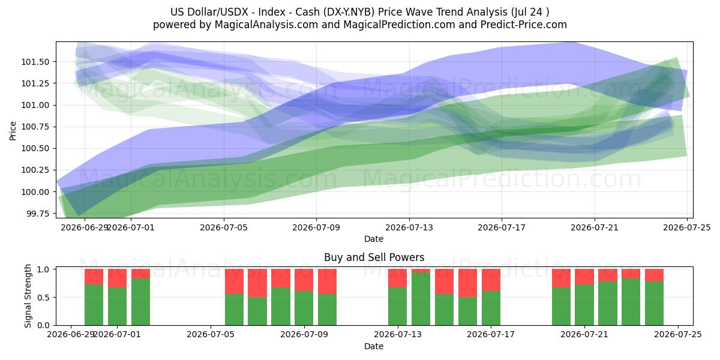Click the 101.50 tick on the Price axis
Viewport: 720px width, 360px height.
[35, 62]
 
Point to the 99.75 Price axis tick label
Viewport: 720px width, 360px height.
[37, 214]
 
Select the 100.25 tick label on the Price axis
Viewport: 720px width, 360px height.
[35, 170]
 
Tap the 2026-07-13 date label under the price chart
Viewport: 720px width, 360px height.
[409, 227]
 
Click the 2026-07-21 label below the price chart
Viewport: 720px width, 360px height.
[595, 227]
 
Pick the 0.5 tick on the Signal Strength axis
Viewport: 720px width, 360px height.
[43, 298]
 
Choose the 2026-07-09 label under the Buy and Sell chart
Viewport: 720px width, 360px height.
[304, 335]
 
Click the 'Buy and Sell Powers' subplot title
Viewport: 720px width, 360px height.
[374, 257]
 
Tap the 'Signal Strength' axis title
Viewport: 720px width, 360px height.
[28, 296]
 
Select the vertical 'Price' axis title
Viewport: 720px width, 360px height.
[13, 131]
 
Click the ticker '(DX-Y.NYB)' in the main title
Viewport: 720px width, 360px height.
[349, 12]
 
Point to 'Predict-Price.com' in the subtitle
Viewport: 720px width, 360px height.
[524, 25]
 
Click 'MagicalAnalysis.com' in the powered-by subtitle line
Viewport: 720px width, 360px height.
[266, 25]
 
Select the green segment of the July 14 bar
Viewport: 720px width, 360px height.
[421, 299]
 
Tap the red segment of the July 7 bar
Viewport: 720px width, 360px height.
[257, 283]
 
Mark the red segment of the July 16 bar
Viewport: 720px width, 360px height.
[467, 283]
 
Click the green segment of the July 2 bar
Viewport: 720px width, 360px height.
[140, 302]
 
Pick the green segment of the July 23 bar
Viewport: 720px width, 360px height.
[631, 302]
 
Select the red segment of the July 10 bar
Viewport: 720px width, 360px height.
[327, 281]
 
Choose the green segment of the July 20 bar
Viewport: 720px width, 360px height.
[561, 307]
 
